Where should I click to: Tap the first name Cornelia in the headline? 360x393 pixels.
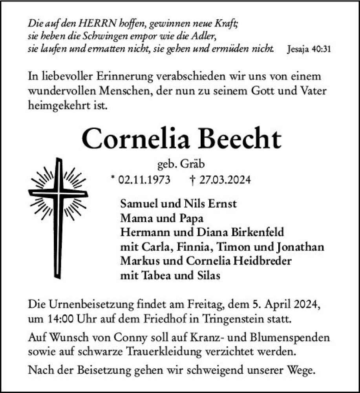point(137,139)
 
